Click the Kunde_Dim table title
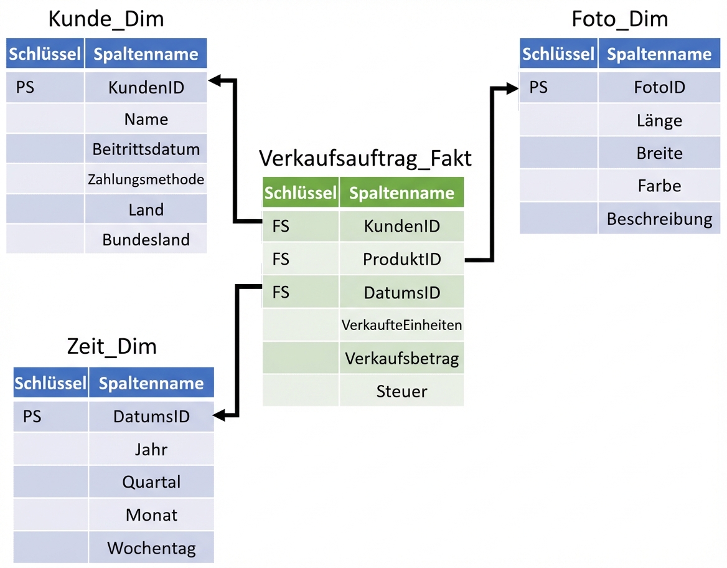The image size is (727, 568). (106, 19)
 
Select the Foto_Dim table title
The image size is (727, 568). (619, 19)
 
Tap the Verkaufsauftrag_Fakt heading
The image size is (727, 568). (365, 158)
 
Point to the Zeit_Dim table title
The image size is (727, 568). (111, 346)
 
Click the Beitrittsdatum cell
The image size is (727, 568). (146, 149)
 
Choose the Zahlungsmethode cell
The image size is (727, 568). (146, 180)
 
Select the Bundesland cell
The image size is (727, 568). (146, 240)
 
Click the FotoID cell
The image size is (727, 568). (659, 87)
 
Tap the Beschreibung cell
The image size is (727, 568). (659, 219)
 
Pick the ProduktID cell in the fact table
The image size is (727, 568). (402, 259)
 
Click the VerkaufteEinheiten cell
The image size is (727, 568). (402, 325)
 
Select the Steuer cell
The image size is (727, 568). (402, 392)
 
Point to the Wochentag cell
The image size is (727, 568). (151, 548)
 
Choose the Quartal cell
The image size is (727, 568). (151, 482)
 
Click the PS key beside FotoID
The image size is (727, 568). (538, 87)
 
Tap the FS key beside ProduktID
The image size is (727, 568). (281, 259)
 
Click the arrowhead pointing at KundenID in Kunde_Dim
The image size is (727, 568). (214, 80)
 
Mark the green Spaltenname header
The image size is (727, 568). (401, 192)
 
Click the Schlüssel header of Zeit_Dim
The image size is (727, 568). (50, 383)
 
